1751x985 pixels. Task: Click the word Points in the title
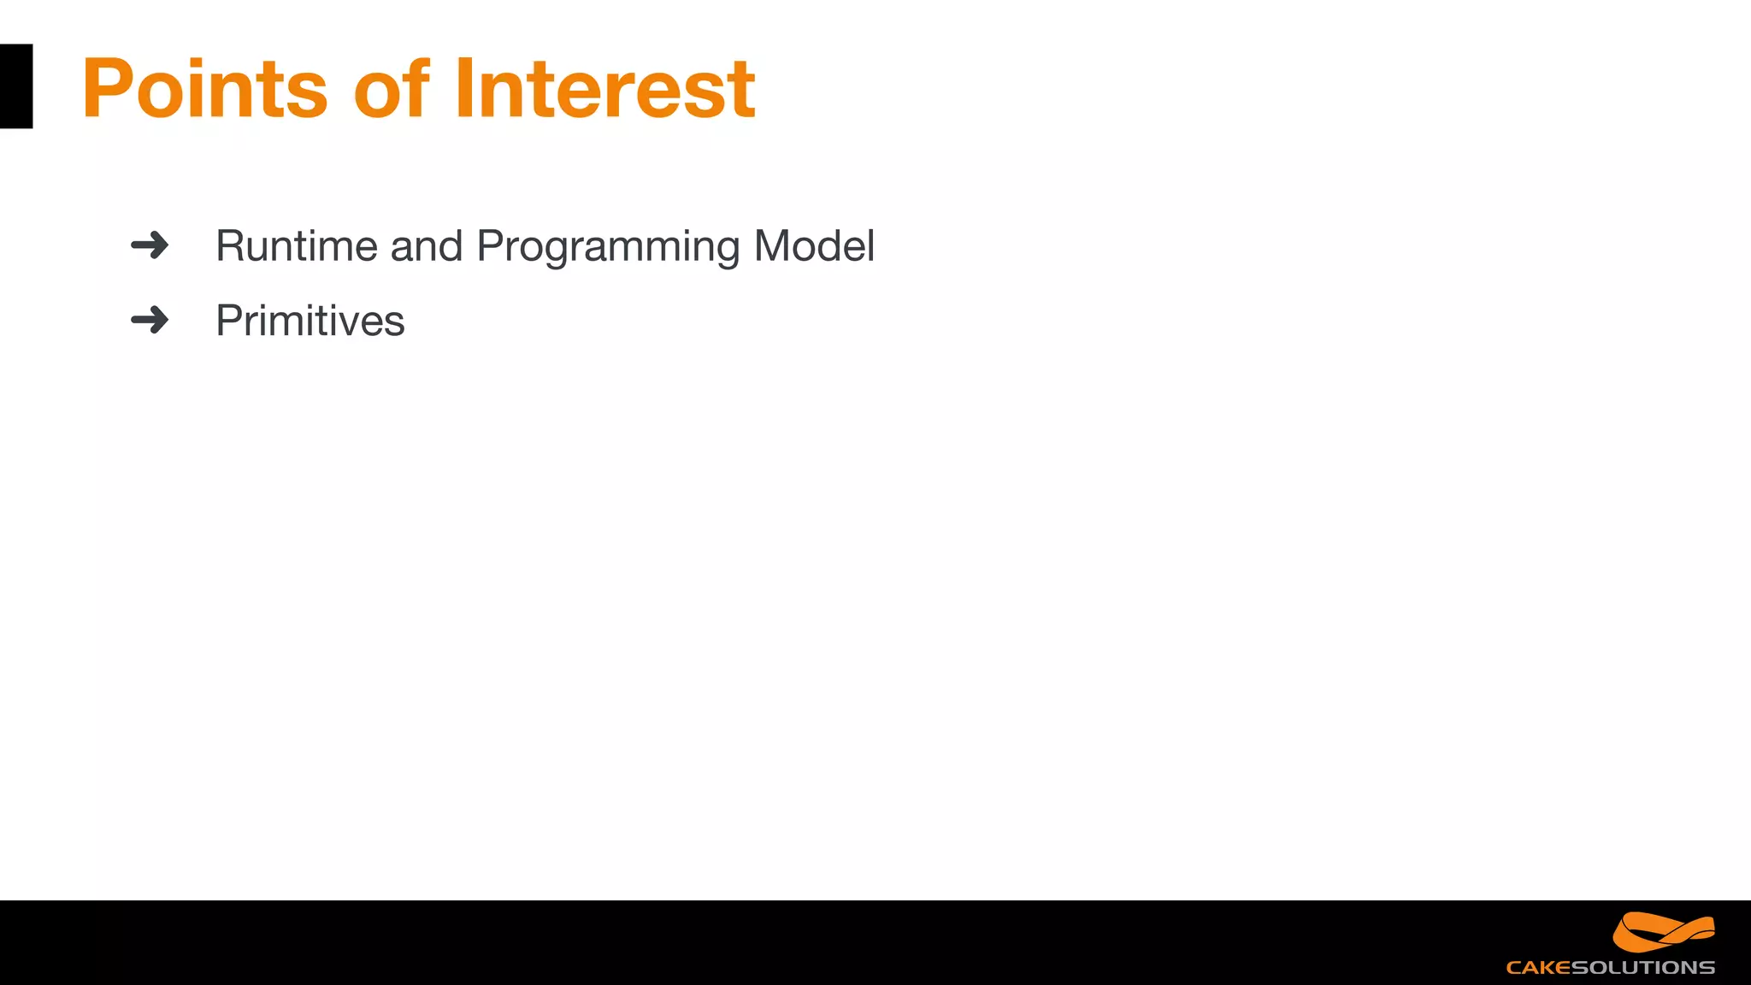(205, 88)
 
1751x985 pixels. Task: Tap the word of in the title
(392, 88)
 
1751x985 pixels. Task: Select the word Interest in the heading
(605, 88)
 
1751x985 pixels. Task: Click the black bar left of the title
(15, 86)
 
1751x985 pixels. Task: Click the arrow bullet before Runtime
(150, 245)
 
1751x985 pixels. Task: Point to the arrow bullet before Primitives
(150, 321)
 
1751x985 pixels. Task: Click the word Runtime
(297, 246)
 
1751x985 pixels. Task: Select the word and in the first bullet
(426, 246)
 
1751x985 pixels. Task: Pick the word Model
(814, 246)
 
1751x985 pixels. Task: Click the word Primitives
(310, 321)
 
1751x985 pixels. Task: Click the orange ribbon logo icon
(1663, 932)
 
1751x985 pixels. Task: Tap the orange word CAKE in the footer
(1538, 968)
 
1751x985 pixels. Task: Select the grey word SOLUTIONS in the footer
(1642, 968)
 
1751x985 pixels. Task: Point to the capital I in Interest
(463, 88)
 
